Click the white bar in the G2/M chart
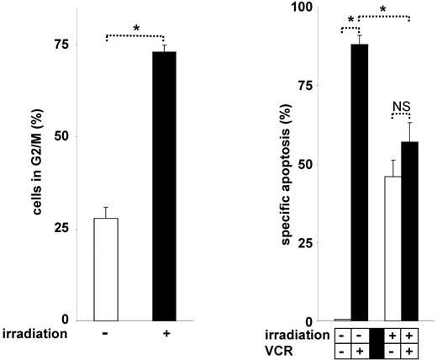(x=106, y=269)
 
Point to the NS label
(x=401, y=106)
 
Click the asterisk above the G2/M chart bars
(x=136, y=29)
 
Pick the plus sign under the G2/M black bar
(x=164, y=333)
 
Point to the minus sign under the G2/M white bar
(x=106, y=333)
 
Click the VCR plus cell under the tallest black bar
(x=360, y=349)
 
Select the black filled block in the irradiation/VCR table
(x=376, y=341)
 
